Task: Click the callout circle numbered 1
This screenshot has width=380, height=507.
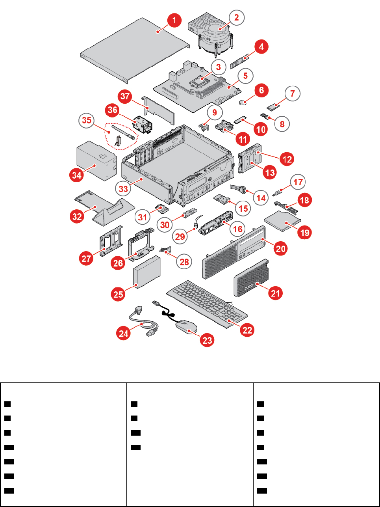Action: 174,20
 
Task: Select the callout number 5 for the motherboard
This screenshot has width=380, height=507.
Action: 245,75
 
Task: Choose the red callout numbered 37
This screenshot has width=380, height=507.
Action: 125,97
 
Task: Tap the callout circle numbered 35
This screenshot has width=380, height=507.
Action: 87,120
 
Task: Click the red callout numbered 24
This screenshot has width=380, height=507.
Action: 124,334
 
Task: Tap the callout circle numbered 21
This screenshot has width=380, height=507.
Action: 275,293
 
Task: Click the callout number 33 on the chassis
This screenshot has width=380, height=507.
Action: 123,189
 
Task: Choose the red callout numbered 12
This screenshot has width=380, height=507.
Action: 287,159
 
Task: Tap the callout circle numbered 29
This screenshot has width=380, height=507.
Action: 180,236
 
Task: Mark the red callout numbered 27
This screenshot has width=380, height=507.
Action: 86,259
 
